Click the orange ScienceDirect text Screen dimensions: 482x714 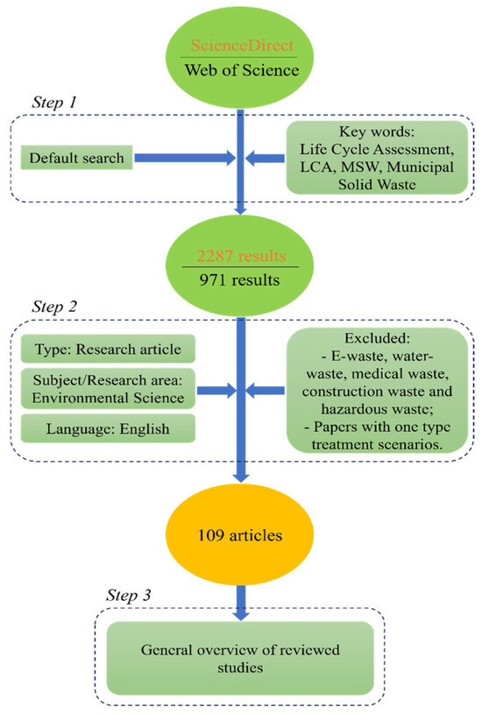click(x=242, y=45)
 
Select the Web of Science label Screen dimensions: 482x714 click(x=242, y=70)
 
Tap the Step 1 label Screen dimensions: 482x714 click(x=54, y=102)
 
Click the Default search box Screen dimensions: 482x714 click(x=76, y=158)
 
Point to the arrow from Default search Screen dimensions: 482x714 click(x=185, y=158)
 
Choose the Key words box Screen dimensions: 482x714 click(x=377, y=158)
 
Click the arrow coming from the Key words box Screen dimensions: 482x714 click(x=266, y=159)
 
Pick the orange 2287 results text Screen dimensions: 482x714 click(x=241, y=256)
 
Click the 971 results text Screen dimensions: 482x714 click(x=239, y=279)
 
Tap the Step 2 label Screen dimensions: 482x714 click(x=54, y=307)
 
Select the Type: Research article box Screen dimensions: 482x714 click(x=108, y=349)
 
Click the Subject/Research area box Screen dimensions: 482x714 click(x=108, y=388)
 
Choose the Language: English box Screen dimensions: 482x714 click(x=108, y=428)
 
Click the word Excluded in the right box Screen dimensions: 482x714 click(x=377, y=338)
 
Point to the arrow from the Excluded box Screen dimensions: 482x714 click(x=266, y=391)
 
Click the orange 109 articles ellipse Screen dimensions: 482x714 click(x=239, y=534)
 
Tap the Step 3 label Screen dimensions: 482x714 click(x=129, y=595)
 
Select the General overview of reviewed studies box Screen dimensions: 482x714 click(x=240, y=658)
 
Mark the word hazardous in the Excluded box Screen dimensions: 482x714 click(x=352, y=409)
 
